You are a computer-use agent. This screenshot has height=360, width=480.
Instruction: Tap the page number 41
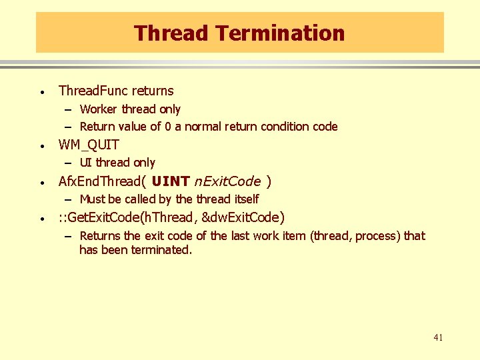438,338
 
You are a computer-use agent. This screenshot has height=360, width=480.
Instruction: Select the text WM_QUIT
89,145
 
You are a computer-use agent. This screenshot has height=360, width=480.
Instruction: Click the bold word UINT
171,181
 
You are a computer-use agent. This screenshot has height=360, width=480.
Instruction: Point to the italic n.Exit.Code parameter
227,181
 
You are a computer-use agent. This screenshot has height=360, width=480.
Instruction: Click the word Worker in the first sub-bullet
99,109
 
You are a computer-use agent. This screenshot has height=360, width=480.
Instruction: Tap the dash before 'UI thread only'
69,163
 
